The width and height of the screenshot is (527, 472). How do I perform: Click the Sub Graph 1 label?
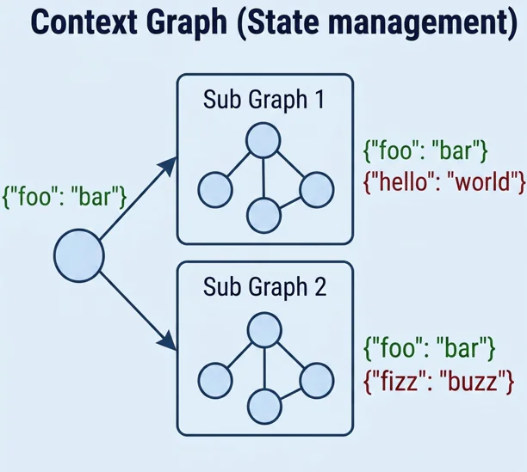tap(263, 99)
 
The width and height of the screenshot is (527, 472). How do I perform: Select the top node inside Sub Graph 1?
tap(263, 139)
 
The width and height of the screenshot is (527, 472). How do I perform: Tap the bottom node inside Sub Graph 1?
tap(263, 213)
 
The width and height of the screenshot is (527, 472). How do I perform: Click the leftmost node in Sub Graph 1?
tap(214, 189)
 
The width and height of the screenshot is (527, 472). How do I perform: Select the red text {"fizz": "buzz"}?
tap(440, 377)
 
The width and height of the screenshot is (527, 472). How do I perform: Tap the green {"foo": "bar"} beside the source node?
tap(65, 196)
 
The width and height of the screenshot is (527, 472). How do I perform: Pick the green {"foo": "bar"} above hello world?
tap(427, 152)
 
